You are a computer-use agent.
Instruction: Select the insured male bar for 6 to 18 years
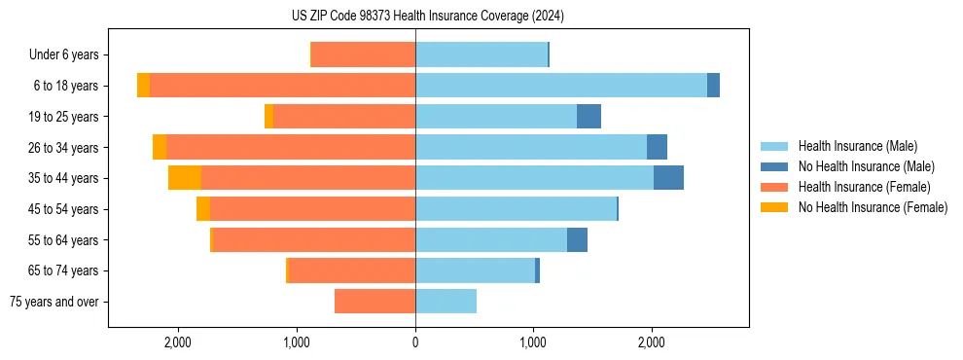click(x=560, y=86)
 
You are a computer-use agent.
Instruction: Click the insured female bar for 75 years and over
click(x=374, y=302)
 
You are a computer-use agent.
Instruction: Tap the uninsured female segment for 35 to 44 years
click(x=185, y=178)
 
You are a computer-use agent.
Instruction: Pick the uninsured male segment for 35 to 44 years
click(x=668, y=178)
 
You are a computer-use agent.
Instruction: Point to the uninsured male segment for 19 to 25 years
click(x=588, y=117)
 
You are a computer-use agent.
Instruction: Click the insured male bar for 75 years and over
click(x=446, y=302)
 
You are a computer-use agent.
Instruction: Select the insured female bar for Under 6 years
click(x=363, y=55)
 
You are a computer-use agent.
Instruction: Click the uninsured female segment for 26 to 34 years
click(x=160, y=147)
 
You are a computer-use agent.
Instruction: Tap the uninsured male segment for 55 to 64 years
click(x=577, y=239)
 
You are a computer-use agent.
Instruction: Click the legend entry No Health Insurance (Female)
click(x=873, y=207)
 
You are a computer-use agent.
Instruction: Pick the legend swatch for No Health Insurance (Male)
click(x=774, y=166)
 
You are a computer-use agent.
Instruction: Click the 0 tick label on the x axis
click(x=415, y=342)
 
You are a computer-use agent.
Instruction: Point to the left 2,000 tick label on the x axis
click(x=178, y=342)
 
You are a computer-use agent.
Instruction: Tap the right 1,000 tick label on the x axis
click(x=533, y=342)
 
